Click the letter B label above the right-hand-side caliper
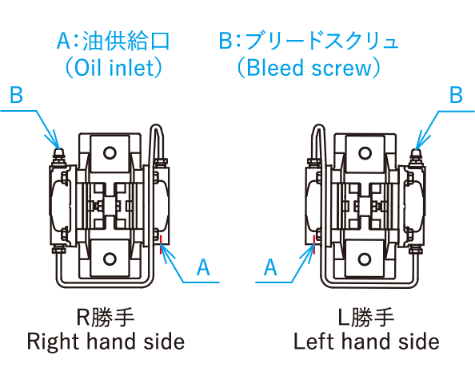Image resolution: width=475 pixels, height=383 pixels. point(16,95)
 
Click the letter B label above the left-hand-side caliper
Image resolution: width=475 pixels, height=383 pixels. point(457,95)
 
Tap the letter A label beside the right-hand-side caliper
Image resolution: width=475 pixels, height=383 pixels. point(203,267)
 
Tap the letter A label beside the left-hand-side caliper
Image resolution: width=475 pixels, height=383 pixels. point(270,267)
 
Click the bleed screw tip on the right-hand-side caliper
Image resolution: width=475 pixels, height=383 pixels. point(59,151)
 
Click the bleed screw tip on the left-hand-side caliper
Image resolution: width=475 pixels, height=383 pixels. point(417,151)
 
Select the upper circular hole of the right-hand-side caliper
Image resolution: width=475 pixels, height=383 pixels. point(110,152)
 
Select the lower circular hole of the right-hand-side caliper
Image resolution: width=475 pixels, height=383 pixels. point(110,259)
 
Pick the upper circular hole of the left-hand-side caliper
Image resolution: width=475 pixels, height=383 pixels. point(365,152)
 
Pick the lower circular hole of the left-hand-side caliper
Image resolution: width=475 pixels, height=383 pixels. point(365,259)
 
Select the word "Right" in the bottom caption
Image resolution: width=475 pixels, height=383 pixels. point(53,342)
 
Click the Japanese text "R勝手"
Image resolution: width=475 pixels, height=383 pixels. point(105,317)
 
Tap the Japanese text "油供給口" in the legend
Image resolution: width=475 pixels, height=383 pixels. point(126,41)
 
